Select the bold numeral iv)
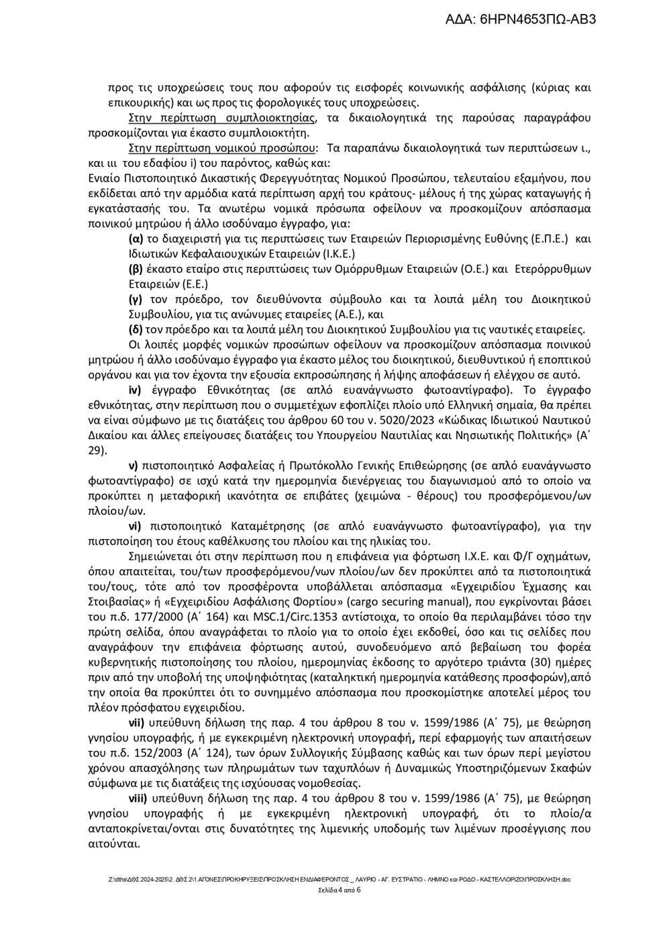tap(136, 391)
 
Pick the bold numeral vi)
tap(136, 526)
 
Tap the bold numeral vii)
tap(138, 723)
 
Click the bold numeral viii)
tap(139, 798)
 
